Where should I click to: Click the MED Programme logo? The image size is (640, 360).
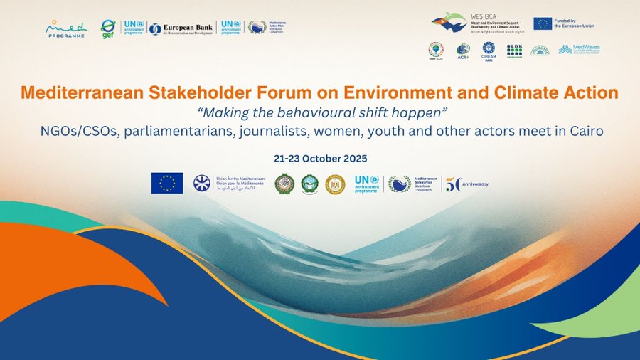[65, 29]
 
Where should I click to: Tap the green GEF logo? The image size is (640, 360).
[109, 29]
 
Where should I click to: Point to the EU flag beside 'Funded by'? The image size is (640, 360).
[543, 23]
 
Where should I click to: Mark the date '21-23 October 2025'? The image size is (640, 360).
[320, 157]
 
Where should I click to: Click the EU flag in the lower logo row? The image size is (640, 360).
[166, 184]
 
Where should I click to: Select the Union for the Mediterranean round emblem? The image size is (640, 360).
[202, 184]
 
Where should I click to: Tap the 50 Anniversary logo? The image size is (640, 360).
[466, 184]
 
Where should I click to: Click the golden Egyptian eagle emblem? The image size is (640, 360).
[335, 184]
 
